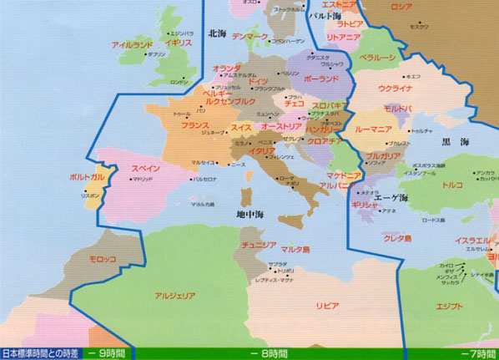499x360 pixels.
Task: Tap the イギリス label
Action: click(x=179, y=42)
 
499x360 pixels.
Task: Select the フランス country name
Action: click(x=194, y=125)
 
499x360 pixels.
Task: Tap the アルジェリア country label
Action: click(x=174, y=296)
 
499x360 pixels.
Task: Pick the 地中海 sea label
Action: click(x=249, y=215)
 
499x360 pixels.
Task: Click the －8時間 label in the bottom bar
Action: click(x=269, y=353)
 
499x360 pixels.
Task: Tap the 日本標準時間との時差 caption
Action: click(x=40, y=353)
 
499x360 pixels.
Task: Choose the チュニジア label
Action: click(x=260, y=245)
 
